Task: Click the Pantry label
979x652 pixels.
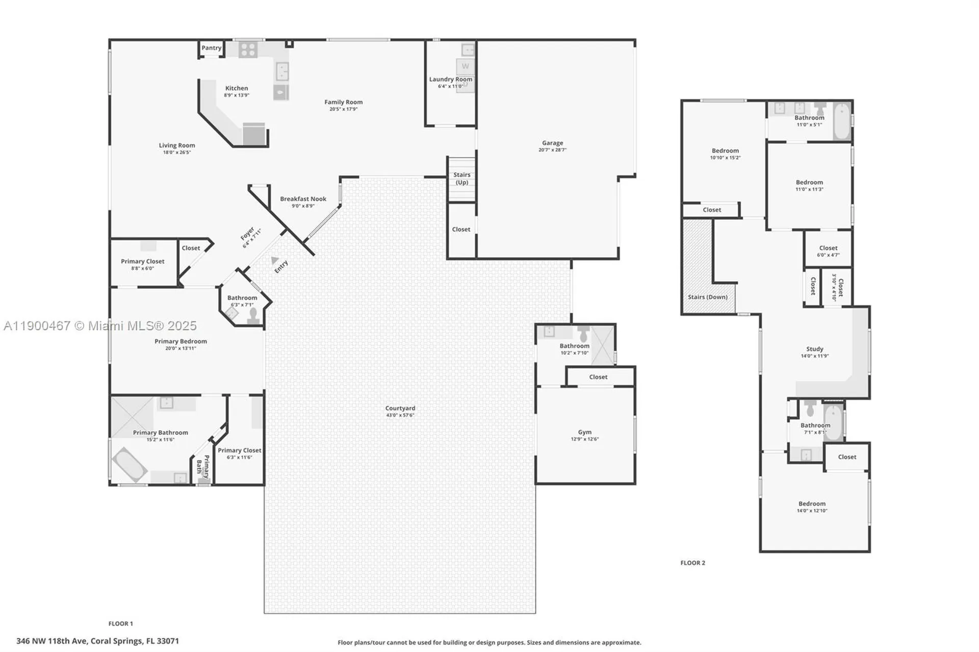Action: (x=211, y=48)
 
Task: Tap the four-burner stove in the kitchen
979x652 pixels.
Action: (x=248, y=50)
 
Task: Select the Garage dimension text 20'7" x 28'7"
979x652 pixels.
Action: (x=552, y=150)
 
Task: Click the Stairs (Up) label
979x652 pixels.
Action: (x=462, y=178)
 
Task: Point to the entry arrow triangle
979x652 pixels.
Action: (x=275, y=260)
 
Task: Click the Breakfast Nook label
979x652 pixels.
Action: (x=303, y=199)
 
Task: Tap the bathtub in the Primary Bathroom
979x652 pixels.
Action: (x=130, y=464)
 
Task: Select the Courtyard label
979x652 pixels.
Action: (x=400, y=408)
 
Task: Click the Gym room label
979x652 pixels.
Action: (x=584, y=432)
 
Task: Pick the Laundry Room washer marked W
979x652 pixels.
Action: (x=465, y=66)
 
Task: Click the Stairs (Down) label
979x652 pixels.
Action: (x=707, y=297)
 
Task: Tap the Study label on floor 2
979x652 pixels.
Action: (x=814, y=349)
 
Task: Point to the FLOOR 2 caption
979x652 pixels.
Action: (x=692, y=563)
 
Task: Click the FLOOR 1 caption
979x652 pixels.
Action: (x=120, y=623)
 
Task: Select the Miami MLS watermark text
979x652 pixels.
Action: (x=100, y=326)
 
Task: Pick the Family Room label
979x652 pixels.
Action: (x=343, y=102)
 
